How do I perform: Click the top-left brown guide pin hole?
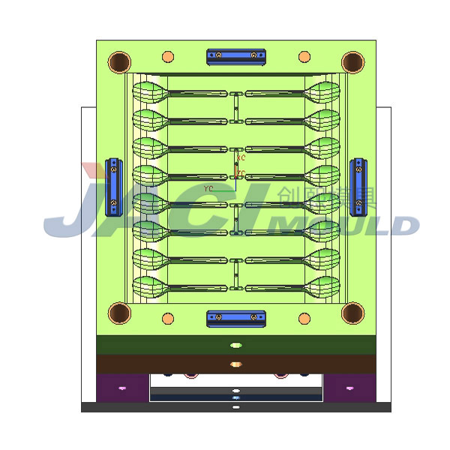click(x=119, y=61)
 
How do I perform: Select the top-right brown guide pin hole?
click(x=353, y=61)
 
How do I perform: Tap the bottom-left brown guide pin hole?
click(x=119, y=313)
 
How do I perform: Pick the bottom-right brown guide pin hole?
click(x=353, y=313)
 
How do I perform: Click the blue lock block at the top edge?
click(x=236, y=55)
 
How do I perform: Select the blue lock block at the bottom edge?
click(x=236, y=318)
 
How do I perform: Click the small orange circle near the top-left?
click(x=168, y=57)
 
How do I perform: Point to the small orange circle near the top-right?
click(x=304, y=57)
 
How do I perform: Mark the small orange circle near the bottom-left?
click(x=168, y=317)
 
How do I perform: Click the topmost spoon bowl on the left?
click(x=151, y=93)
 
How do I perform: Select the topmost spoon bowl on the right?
click(x=322, y=93)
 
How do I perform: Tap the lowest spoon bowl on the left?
click(x=151, y=286)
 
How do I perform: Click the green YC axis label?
click(x=208, y=187)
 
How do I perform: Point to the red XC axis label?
click(x=241, y=159)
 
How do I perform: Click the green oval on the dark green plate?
click(x=236, y=345)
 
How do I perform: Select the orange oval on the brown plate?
click(x=236, y=364)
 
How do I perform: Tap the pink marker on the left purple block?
click(x=122, y=388)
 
